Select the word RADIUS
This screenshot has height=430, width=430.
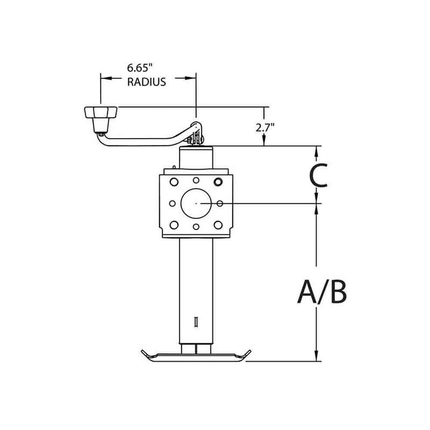(x=145, y=82)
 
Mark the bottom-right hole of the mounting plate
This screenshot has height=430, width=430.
(x=218, y=225)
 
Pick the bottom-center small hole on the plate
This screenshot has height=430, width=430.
(x=196, y=226)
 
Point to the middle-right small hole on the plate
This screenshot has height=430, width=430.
(x=220, y=204)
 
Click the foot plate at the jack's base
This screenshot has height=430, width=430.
(x=196, y=356)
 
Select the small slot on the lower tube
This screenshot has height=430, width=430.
(x=196, y=322)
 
